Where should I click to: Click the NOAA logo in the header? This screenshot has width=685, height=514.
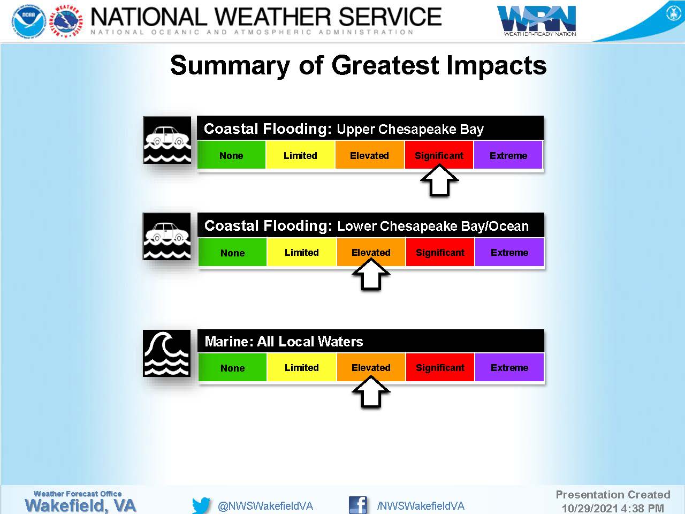(x=29, y=22)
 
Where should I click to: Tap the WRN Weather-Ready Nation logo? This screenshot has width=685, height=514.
(x=536, y=20)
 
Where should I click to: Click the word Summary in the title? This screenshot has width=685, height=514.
(x=230, y=65)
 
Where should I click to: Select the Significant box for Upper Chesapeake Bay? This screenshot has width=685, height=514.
(x=439, y=155)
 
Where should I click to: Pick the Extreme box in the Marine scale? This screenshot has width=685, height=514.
(x=509, y=367)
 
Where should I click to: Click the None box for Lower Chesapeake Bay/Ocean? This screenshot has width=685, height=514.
(x=232, y=252)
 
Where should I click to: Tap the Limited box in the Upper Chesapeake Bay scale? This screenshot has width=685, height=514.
(x=300, y=155)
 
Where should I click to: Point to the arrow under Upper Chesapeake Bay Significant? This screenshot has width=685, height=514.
(x=439, y=180)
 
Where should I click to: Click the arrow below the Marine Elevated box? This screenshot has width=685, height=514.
(x=371, y=392)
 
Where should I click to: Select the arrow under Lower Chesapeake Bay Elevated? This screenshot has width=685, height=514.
(x=371, y=275)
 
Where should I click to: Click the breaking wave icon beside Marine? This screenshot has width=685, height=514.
(x=166, y=353)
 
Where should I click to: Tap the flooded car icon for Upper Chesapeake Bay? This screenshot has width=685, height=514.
(x=167, y=140)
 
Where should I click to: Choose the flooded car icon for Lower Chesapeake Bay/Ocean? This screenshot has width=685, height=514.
(x=166, y=237)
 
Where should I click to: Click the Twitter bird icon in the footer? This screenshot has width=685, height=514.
(x=201, y=505)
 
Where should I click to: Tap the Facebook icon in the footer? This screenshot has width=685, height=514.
(x=357, y=505)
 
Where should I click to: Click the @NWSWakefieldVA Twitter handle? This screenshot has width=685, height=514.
(x=265, y=506)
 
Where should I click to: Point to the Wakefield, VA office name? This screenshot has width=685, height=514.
(x=80, y=505)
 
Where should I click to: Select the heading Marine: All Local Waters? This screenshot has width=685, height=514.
(x=284, y=342)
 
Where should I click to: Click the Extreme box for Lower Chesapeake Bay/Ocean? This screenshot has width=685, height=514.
(x=509, y=252)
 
